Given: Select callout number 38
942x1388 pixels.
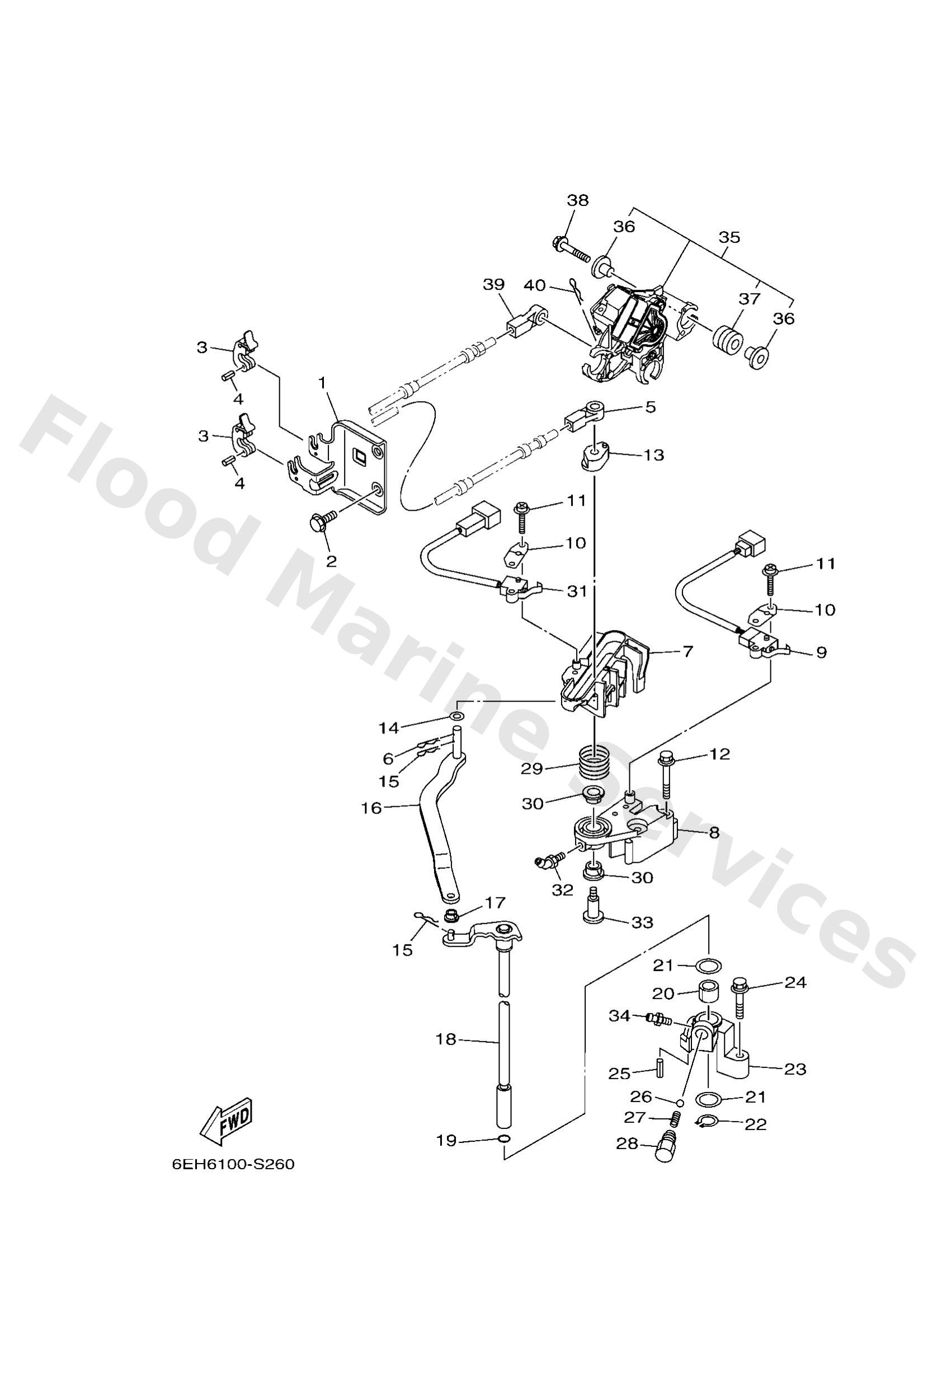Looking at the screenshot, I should pos(577,201).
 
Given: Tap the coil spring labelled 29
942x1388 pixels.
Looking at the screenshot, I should pos(595,763).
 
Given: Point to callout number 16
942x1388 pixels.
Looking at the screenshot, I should pos(371,808).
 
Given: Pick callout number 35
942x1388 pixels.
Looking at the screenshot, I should pos(729,237).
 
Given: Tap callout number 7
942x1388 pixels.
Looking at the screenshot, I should pos(687,651).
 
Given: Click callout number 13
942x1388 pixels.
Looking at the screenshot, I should pos(654,455).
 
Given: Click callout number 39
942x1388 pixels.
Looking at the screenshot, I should pos(493,284).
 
